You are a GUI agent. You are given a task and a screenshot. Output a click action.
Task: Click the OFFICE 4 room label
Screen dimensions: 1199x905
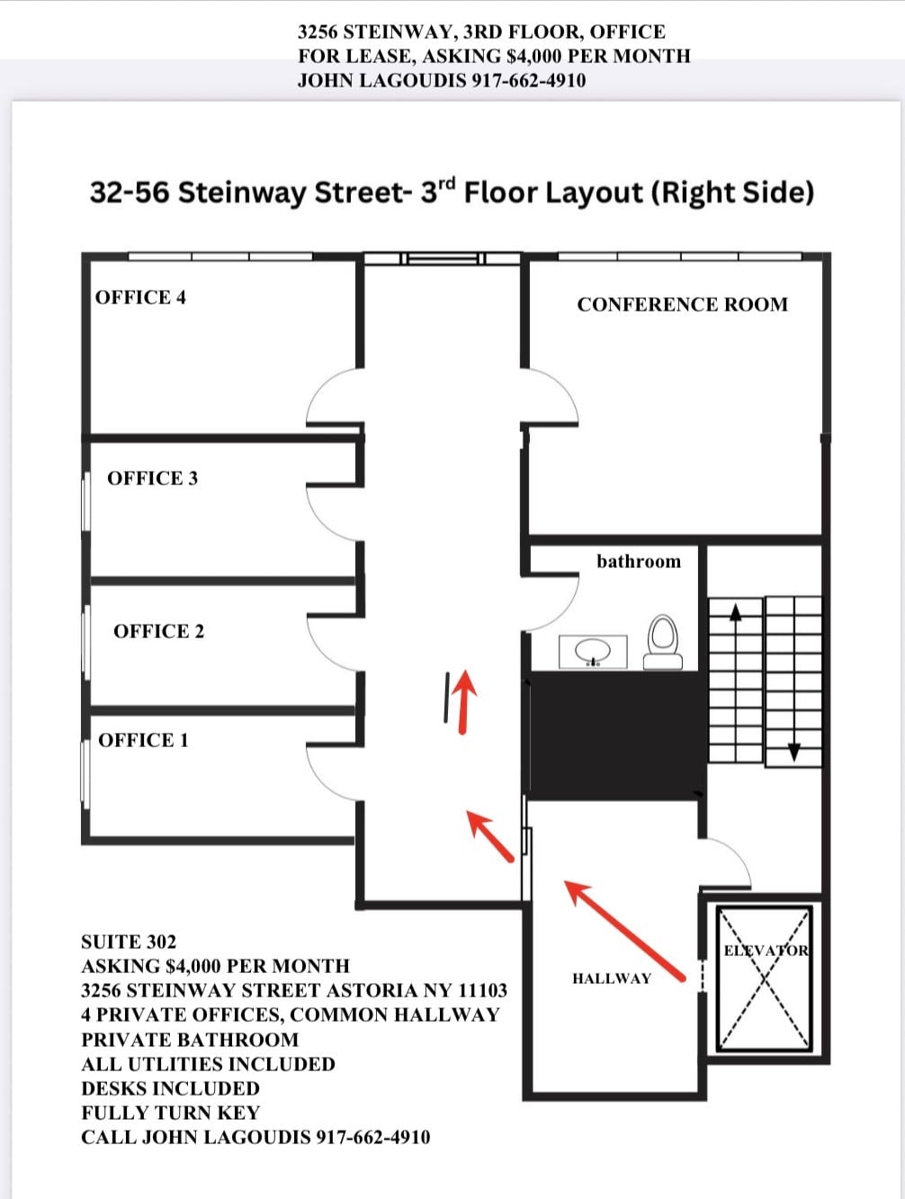[x=140, y=298]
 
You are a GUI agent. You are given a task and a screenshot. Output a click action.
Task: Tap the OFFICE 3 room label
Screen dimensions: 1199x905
[x=152, y=479]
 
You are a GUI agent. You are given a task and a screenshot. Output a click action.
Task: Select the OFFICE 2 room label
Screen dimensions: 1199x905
[x=158, y=632]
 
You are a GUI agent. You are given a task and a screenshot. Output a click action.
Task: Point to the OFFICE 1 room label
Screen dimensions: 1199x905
[x=143, y=741]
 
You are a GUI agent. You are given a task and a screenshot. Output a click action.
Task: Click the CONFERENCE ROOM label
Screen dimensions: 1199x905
[x=682, y=305]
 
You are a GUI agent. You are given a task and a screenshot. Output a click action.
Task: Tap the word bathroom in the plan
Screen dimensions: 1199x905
[x=639, y=562]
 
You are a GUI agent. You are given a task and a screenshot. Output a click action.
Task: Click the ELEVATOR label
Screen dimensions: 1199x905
[x=766, y=951]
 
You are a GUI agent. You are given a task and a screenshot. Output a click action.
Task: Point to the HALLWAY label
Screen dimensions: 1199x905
[x=612, y=979]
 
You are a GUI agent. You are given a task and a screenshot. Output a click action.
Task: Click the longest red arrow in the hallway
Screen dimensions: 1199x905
[x=625, y=931]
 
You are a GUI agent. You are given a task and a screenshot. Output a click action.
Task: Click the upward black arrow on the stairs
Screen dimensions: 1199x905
[x=736, y=612]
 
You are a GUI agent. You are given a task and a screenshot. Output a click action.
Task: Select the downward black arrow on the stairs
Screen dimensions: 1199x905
[x=793, y=751]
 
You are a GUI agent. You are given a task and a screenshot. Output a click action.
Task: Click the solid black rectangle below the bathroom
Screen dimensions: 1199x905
[x=616, y=735]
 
